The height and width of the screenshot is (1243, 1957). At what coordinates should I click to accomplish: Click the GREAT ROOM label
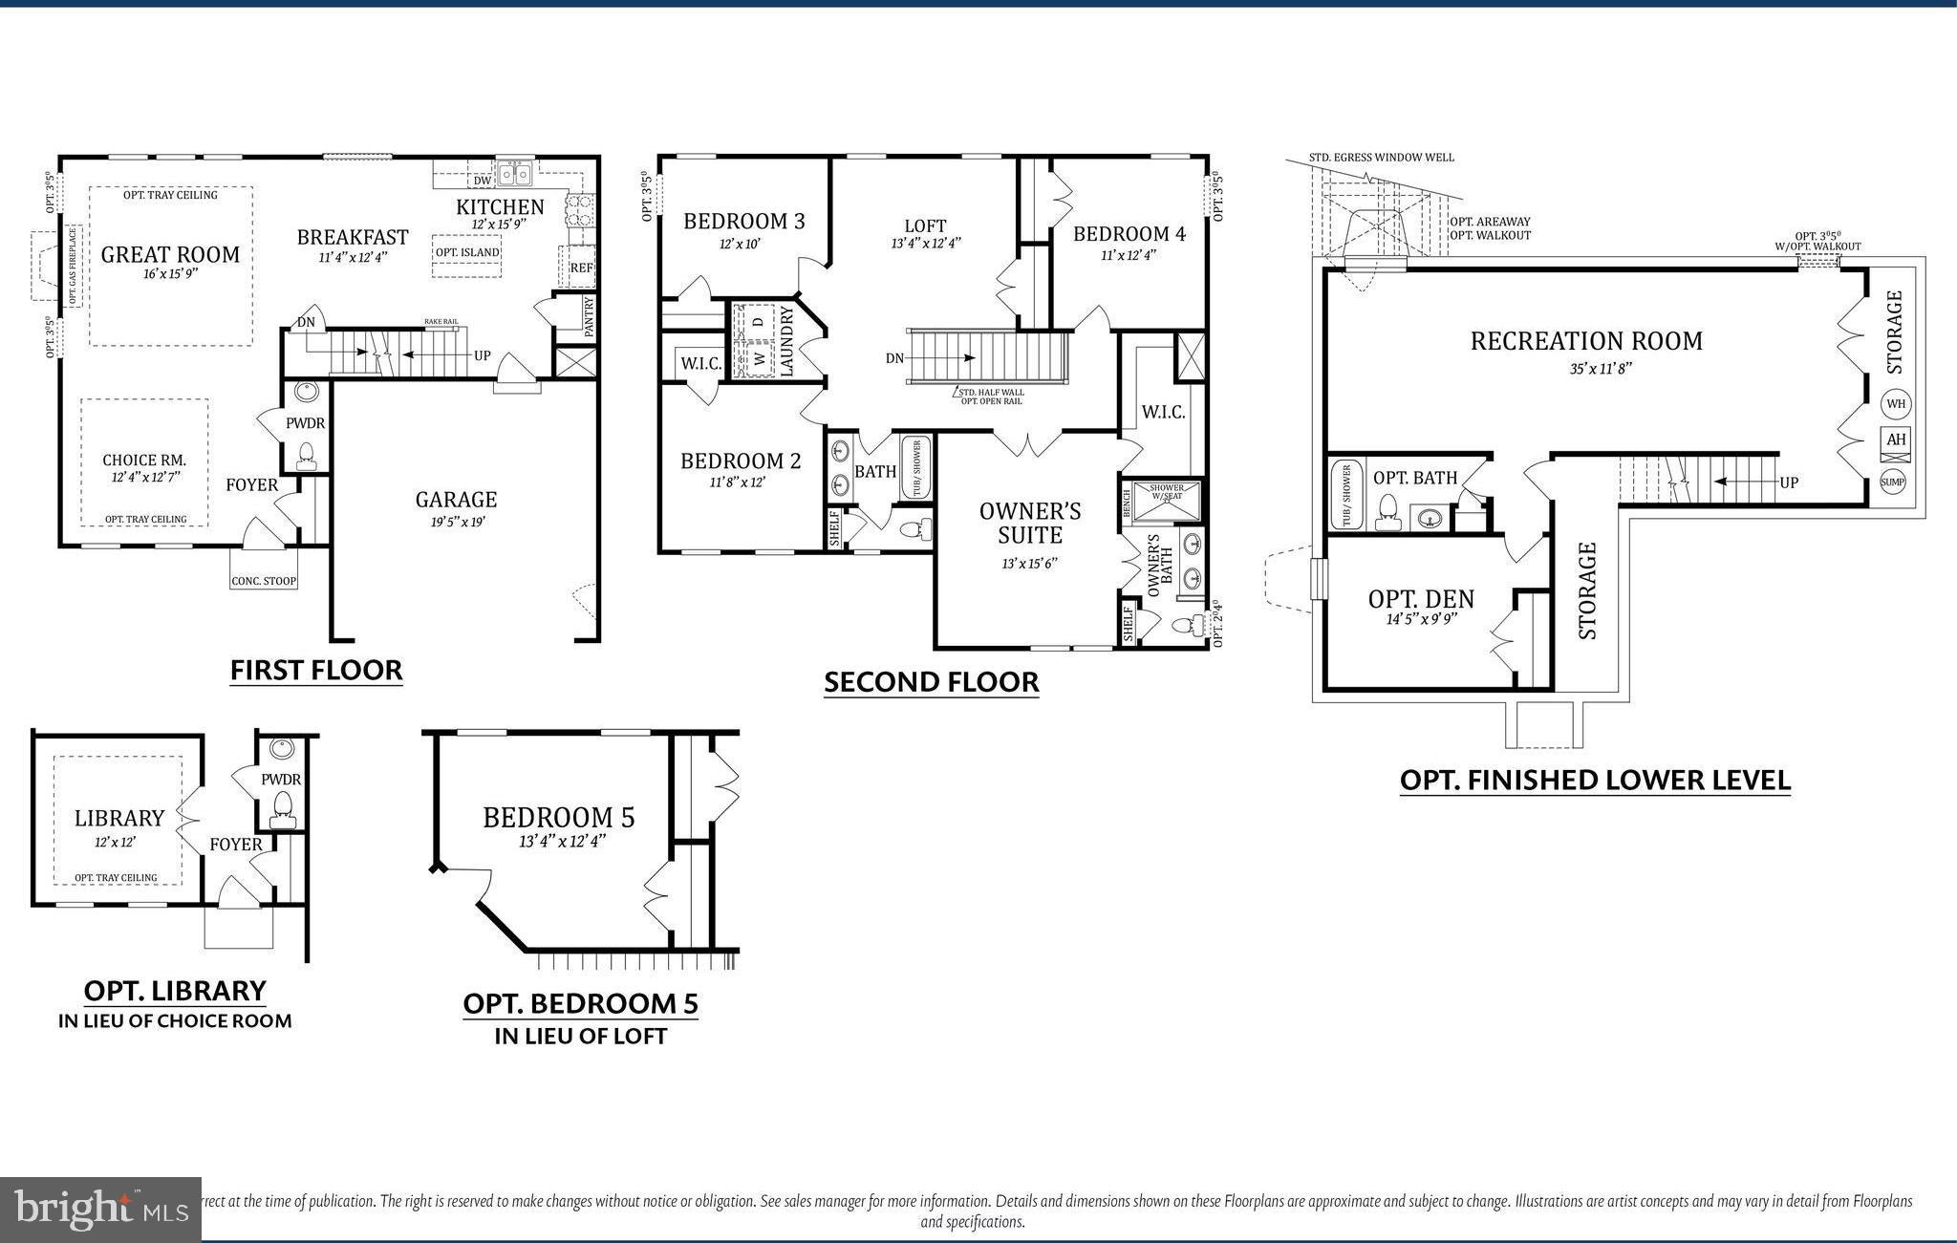170,254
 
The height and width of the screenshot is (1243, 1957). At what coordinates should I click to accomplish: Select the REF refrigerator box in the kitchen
581,268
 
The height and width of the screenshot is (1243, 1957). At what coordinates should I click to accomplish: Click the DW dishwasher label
483,181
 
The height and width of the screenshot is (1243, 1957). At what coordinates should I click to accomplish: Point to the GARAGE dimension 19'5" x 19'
456,523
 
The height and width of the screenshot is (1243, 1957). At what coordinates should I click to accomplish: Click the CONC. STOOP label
264,581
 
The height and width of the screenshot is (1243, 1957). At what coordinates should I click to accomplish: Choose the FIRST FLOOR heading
316,671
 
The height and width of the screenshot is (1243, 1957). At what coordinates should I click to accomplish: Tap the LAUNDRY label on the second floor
787,341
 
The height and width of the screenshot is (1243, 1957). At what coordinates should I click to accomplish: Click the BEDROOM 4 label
1129,234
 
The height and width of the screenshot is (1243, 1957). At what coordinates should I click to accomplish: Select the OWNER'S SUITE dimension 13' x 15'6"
1029,564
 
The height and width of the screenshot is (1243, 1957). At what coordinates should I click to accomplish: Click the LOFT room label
925,226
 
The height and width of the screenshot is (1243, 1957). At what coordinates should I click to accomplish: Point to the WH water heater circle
1896,404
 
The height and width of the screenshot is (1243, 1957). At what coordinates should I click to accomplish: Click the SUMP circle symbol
1893,482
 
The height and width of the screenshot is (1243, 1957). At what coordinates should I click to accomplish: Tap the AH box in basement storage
1896,440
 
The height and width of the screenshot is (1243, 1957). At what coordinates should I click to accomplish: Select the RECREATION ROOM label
1586,341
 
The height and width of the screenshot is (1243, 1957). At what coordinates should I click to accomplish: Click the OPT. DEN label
1421,599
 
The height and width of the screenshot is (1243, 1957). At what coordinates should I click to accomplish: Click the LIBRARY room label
119,819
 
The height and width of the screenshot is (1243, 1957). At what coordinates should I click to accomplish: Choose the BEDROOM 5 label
559,818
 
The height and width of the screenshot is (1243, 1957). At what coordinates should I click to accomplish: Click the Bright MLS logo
100,1210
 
